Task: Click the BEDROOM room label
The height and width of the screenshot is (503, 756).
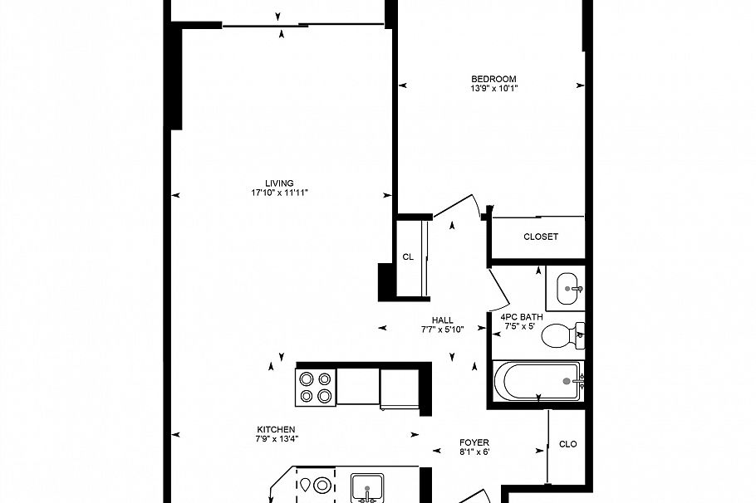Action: click(x=493, y=79)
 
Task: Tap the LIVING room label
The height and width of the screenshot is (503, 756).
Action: click(x=280, y=183)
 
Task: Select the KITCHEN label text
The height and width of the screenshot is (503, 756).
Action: click(x=277, y=429)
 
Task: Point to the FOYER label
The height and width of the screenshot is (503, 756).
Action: click(x=474, y=442)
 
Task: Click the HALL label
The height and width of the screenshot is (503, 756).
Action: click(x=443, y=320)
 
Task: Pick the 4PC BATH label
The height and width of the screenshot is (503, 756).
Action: click(x=522, y=317)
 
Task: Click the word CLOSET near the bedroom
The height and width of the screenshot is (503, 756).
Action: click(x=541, y=237)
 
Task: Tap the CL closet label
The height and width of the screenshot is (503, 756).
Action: click(x=408, y=257)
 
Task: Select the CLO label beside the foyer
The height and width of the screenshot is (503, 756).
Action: click(x=568, y=444)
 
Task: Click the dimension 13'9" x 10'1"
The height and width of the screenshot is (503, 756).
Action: click(x=493, y=89)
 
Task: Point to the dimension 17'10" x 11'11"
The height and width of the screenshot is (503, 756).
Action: click(x=280, y=193)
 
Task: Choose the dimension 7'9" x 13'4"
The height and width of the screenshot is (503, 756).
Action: click(x=277, y=439)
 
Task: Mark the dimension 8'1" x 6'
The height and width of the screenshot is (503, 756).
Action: click(x=474, y=452)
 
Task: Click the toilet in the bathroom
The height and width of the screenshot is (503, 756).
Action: click(x=562, y=335)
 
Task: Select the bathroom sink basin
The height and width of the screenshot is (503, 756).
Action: click(x=567, y=289)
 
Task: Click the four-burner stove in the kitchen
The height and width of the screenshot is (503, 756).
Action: click(x=316, y=388)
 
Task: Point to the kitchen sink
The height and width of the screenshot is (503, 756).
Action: click(x=367, y=488)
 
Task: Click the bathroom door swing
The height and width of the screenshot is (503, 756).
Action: click(x=498, y=290)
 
